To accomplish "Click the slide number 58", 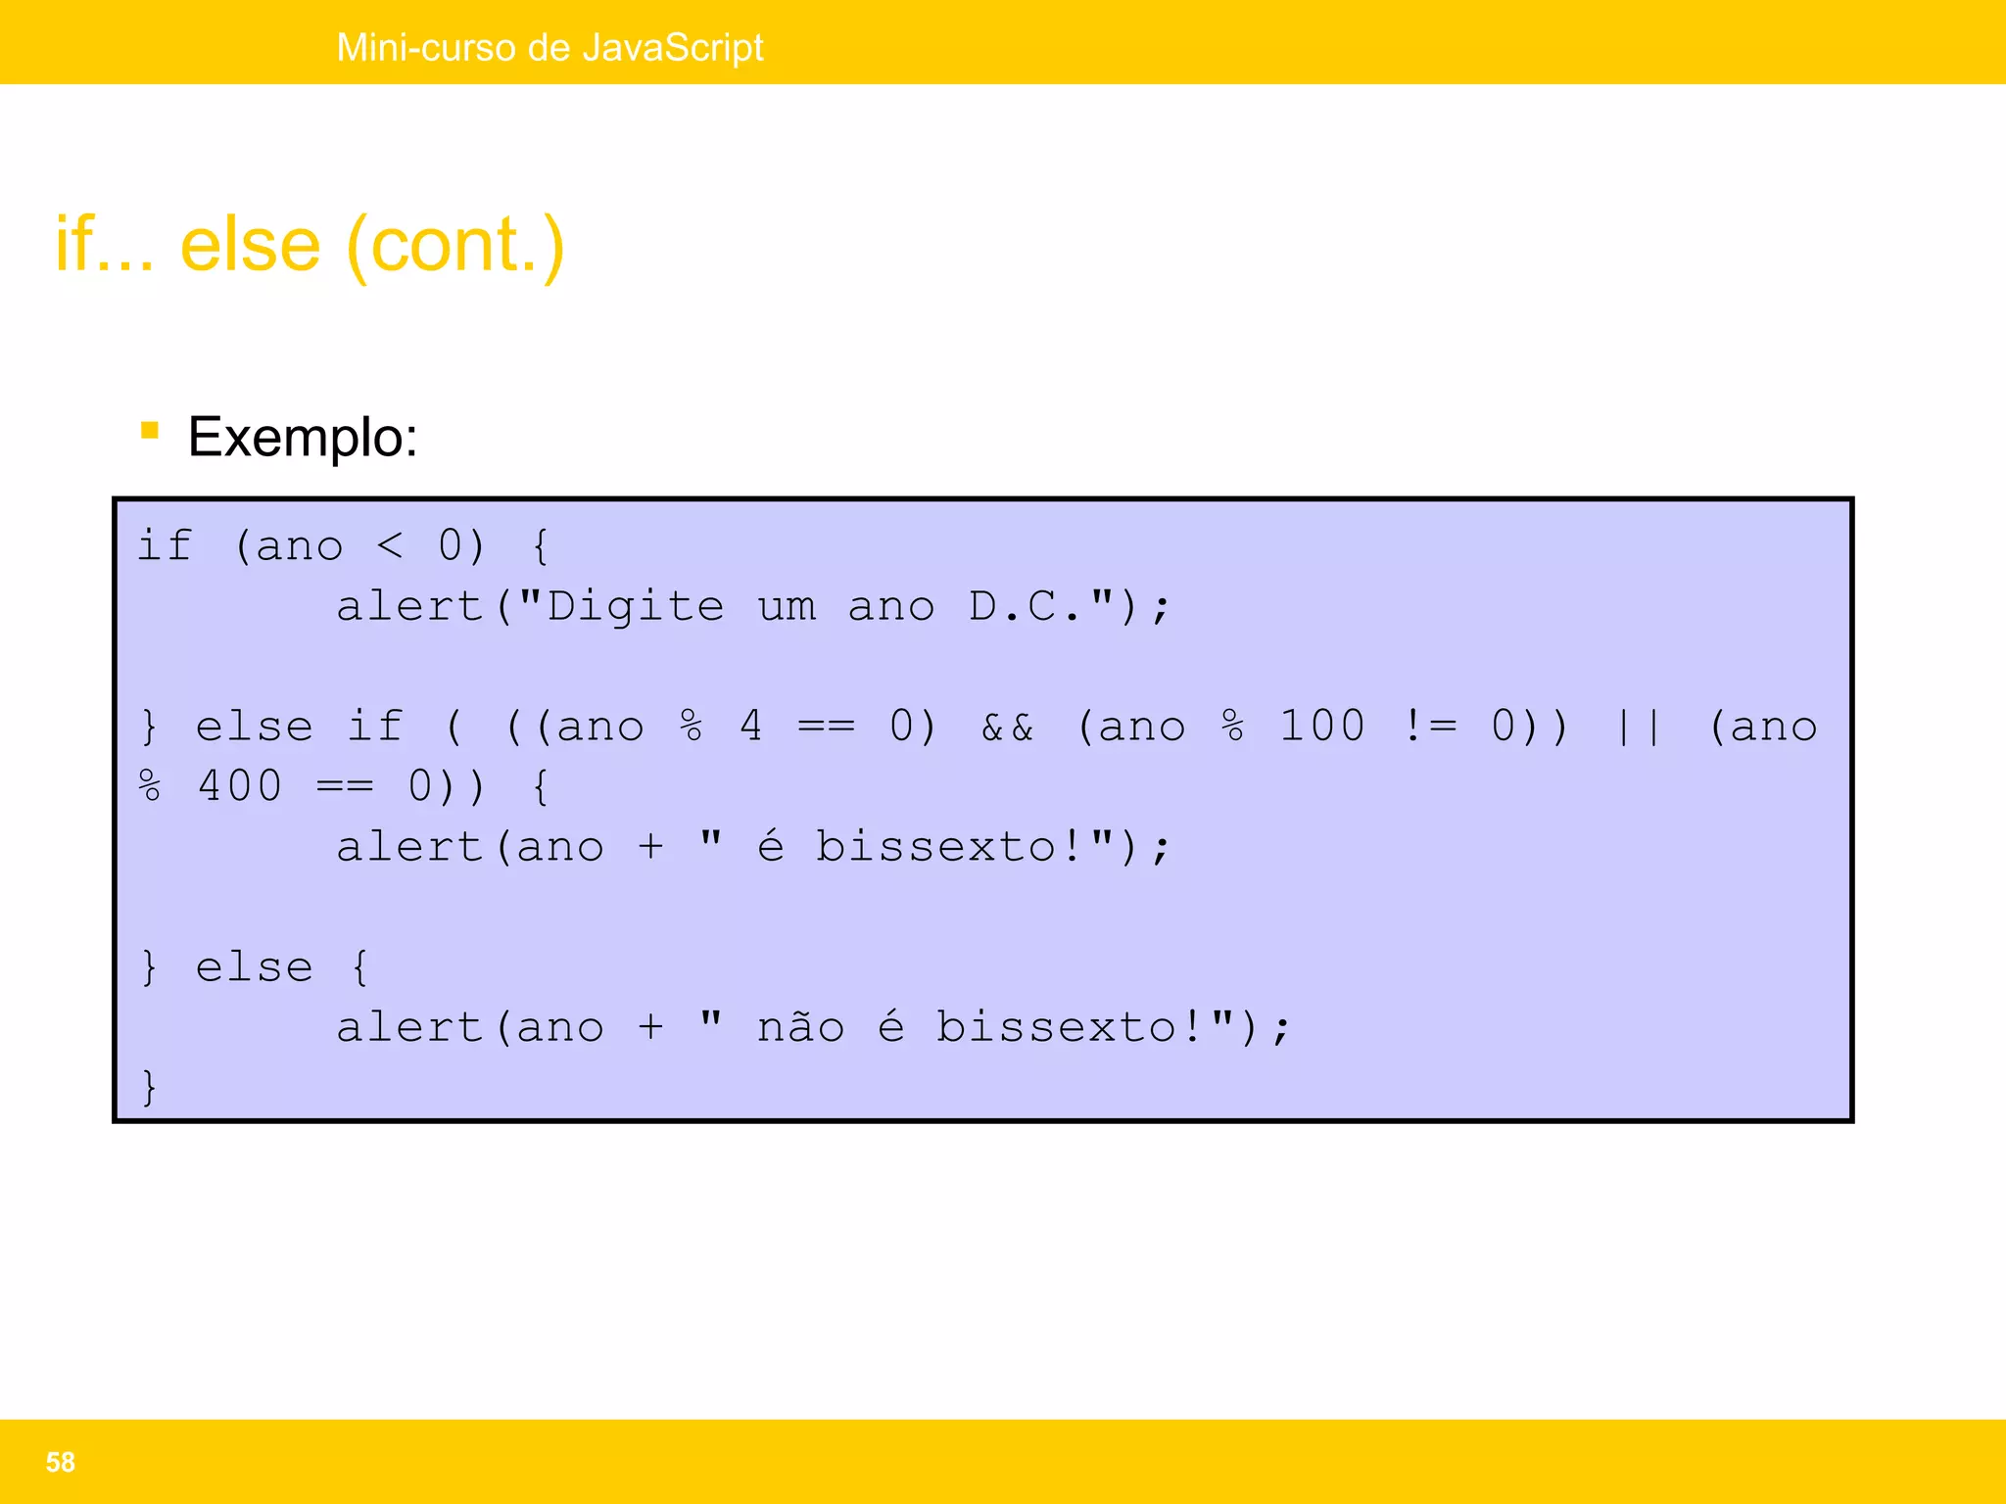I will coord(61,1462).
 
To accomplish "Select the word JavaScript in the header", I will coord(672,48).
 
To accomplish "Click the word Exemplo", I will coord(302,437).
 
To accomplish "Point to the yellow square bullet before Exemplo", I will coord(150,430).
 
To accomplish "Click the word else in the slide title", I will coord(251,245).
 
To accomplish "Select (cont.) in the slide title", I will coord(455,247).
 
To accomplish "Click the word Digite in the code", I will coord(636,606).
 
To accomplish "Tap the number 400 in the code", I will coord(240,786).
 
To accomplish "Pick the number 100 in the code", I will coord(1322,727).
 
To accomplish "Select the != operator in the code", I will coord(1430,727).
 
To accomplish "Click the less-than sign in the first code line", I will coord(390,546).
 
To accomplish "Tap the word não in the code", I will coord(800,1027).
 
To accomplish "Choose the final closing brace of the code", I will coord(149,1087).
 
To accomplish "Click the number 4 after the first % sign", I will coord(750,727).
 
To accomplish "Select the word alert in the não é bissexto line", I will coord(410,1027).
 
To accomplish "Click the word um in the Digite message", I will coord(787,607).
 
